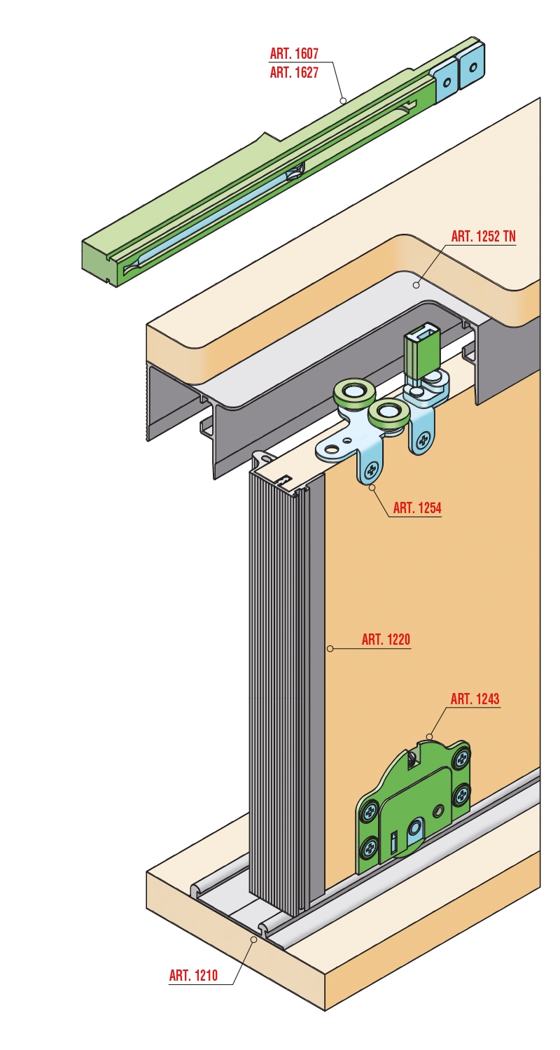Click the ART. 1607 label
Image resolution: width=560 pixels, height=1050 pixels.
pyautogui.click(x=294, y=53)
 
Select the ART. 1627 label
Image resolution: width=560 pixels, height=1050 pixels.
pyautogui.click(x=294, y=73)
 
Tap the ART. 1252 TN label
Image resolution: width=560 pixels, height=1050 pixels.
pyautogui.click(x=483, y=237)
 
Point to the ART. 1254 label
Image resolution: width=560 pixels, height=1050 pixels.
pyautogui.click(x=417, y=507)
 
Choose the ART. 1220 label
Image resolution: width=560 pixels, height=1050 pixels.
pyautogui.click(x=386, y=639)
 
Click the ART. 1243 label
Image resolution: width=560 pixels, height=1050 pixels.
pyautogui.click(x=475, y=699)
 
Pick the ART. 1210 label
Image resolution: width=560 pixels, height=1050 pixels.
pyautogui.click(x=193, y=962)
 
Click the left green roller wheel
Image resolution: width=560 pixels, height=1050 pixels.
pyautogui.click(x=351, y=392)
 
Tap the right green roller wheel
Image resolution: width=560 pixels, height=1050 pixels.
pyautogui.click(x=387, y=414)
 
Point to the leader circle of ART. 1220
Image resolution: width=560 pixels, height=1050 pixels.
pyautogui.click(x=330, y=649)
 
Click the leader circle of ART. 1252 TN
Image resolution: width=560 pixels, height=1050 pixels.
pyautogui.click(x=416, y=284)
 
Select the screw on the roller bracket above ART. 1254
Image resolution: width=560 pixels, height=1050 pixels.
pyautogui.click(x=372, y=470)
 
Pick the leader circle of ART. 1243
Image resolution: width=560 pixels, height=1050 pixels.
pyautogui.click(x=428, y=736)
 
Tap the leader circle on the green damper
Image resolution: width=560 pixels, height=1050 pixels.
pyautogui.click(x=343, y=100)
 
